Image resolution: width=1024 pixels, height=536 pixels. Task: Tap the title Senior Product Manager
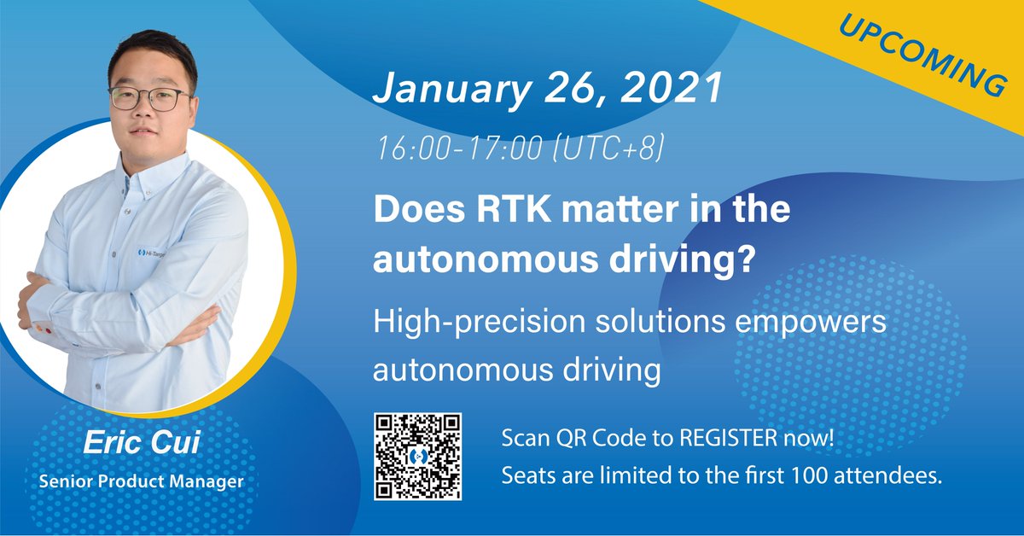pos(142,481)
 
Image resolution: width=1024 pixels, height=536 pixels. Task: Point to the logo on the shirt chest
pos(154,253)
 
